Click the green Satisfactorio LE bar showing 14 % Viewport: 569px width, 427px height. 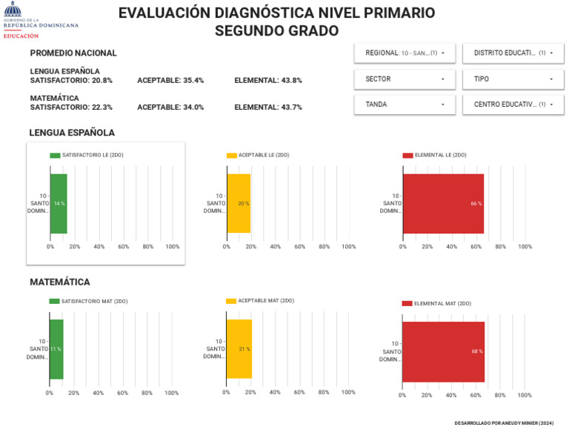pos(59,203)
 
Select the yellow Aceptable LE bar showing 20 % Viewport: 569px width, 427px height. pos(239,203)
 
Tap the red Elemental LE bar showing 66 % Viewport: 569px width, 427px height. pos(443,203)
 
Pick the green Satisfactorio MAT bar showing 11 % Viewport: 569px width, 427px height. pos(56,348)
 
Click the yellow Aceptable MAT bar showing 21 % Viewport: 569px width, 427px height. pos(239,348)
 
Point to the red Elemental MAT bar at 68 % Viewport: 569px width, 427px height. pos(443,351)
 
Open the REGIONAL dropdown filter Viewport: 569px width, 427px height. pos(405,53)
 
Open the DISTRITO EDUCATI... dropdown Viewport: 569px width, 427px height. pos(513,53)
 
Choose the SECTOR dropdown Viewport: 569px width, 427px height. pos(405,79)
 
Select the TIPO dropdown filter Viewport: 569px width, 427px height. pos(513,79)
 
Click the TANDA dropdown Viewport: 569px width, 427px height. pos(405,105)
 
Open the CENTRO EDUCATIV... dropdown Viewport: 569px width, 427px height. pos(513,105)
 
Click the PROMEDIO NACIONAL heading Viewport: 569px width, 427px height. pos(73,53)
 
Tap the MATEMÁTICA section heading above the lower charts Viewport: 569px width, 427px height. pos(60,282)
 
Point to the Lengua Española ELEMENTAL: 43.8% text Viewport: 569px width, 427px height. pos(268,81)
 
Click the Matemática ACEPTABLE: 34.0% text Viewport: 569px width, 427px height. pos(170,107)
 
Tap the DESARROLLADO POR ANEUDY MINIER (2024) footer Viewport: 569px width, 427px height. pos(504,423)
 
